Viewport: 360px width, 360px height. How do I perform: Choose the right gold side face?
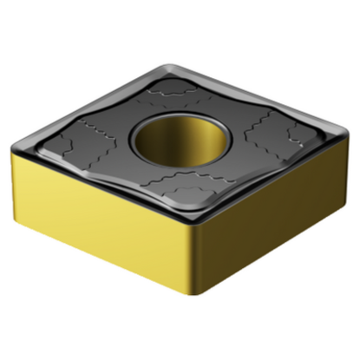[x=278, y=217]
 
